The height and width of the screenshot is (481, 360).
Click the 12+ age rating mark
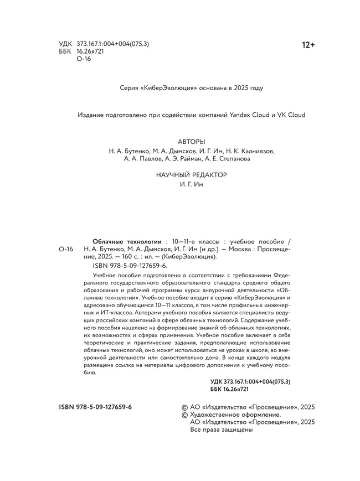308,45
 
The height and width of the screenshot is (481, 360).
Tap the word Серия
130,88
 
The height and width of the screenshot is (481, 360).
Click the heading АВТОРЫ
192,142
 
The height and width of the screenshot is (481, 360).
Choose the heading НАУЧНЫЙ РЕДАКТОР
192,175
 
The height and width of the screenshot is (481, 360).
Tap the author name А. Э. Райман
186,159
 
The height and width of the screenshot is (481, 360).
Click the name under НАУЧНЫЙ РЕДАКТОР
192,184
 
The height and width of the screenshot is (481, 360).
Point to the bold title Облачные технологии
127,242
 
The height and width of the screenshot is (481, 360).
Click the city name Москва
231,249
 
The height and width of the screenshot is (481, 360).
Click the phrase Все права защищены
222,430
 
